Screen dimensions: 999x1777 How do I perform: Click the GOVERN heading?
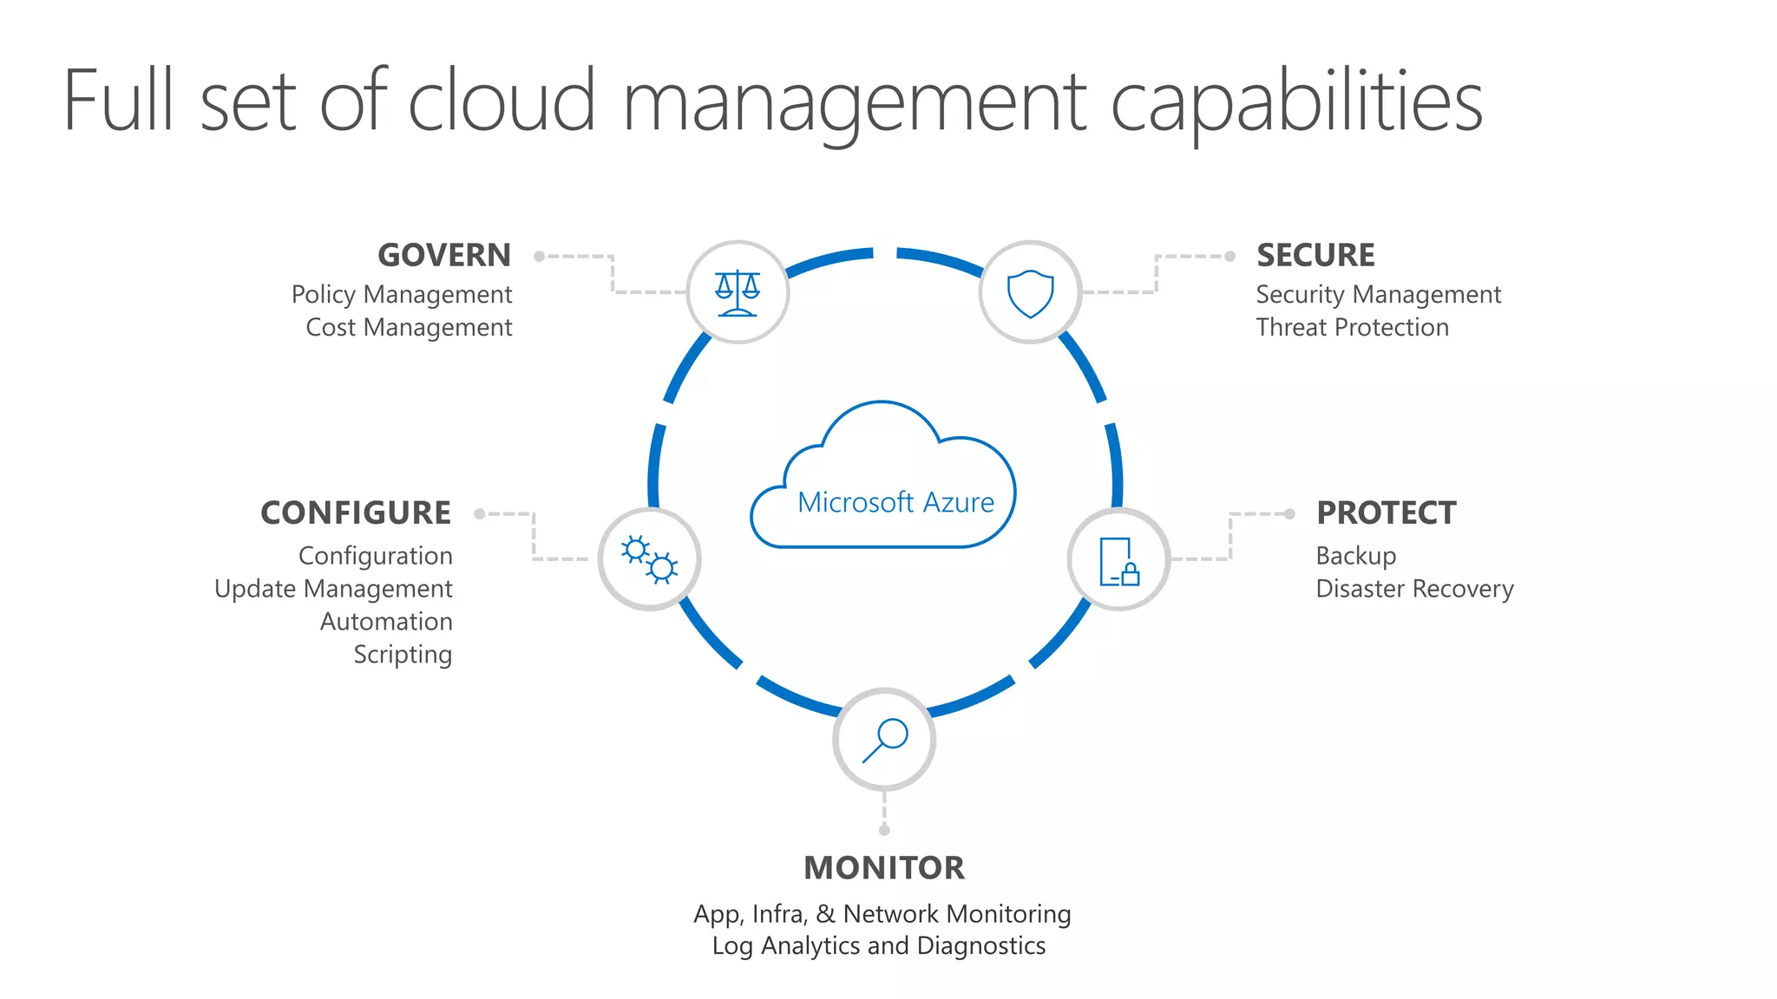pos(444,256)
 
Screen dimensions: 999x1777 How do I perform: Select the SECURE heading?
pos(1315,256)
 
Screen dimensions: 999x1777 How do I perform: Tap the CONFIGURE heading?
pos(356,513)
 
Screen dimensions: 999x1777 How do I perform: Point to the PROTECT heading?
pos(1386,513)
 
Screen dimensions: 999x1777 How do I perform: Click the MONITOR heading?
pos(884,868)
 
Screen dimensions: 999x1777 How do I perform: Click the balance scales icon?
pos(738,293)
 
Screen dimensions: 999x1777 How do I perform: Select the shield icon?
pos(1030,293)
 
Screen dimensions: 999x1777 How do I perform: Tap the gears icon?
pos(649,559)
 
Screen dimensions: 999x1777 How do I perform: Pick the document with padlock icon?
pos(1118,561)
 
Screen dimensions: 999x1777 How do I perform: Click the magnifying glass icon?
pos(884,740)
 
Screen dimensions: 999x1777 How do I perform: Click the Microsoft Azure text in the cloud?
pos(895,503)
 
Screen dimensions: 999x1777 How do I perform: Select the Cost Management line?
pos(409,328)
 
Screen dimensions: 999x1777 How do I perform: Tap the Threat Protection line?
pos(1352,328)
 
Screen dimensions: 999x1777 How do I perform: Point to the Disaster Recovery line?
pos(1414,589)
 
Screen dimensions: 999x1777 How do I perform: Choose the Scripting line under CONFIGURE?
pos(403,655)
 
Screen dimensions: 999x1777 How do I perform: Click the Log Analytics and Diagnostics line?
pos(879,946)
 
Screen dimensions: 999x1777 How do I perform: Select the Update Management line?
pos(333,589)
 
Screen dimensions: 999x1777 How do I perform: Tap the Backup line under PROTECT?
pos(1355,556)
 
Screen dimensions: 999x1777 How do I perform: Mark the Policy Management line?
pos(402,295)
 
